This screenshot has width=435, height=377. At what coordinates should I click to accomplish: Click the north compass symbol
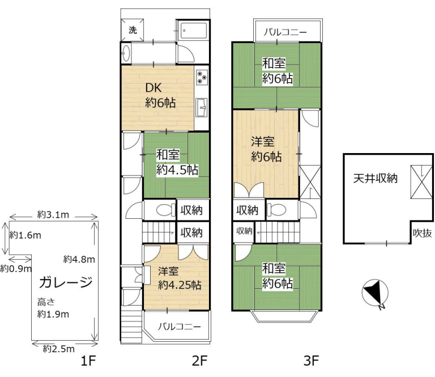click(375, 294)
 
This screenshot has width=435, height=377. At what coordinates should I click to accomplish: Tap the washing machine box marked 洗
click(133, 29)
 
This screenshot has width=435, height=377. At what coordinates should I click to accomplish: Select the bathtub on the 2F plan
click(194, 31)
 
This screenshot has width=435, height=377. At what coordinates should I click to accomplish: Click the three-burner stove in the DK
click(202, 77)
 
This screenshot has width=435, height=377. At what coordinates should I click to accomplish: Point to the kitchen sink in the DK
click(202, 107)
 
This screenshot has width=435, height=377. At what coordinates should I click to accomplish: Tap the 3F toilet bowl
click(278, 210)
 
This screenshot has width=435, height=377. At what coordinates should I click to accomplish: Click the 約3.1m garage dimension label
click(53, 215)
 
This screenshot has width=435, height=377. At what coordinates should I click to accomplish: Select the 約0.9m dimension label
click(16, 269)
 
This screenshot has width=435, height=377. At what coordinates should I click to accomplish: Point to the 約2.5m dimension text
click(59, 349)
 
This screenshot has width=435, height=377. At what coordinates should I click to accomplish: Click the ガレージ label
click(66, 282)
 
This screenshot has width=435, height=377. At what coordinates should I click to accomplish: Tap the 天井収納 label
click(376, 178)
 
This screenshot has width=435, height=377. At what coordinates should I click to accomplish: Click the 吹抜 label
click(422, 233)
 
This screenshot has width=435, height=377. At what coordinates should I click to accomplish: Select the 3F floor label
click(311, 361)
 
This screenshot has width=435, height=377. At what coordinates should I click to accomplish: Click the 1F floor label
click(88, 361)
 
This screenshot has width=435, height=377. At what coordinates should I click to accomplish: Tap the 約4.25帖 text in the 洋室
click(180, 285)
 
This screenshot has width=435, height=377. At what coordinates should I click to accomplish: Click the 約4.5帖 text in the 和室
click(177, 170)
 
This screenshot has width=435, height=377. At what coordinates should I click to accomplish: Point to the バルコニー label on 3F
click(285, 32)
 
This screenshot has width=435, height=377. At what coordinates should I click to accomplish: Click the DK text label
click(153, 88)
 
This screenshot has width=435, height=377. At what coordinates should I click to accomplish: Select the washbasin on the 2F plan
click(126, 53)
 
